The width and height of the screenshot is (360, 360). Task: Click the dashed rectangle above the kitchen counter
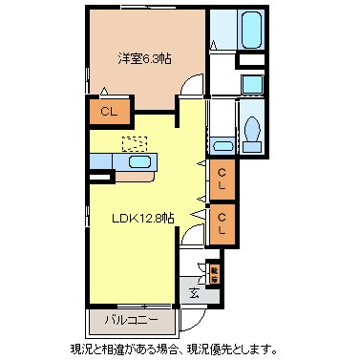point(135,143)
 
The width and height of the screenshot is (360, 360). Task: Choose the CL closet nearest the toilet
point(222,178)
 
